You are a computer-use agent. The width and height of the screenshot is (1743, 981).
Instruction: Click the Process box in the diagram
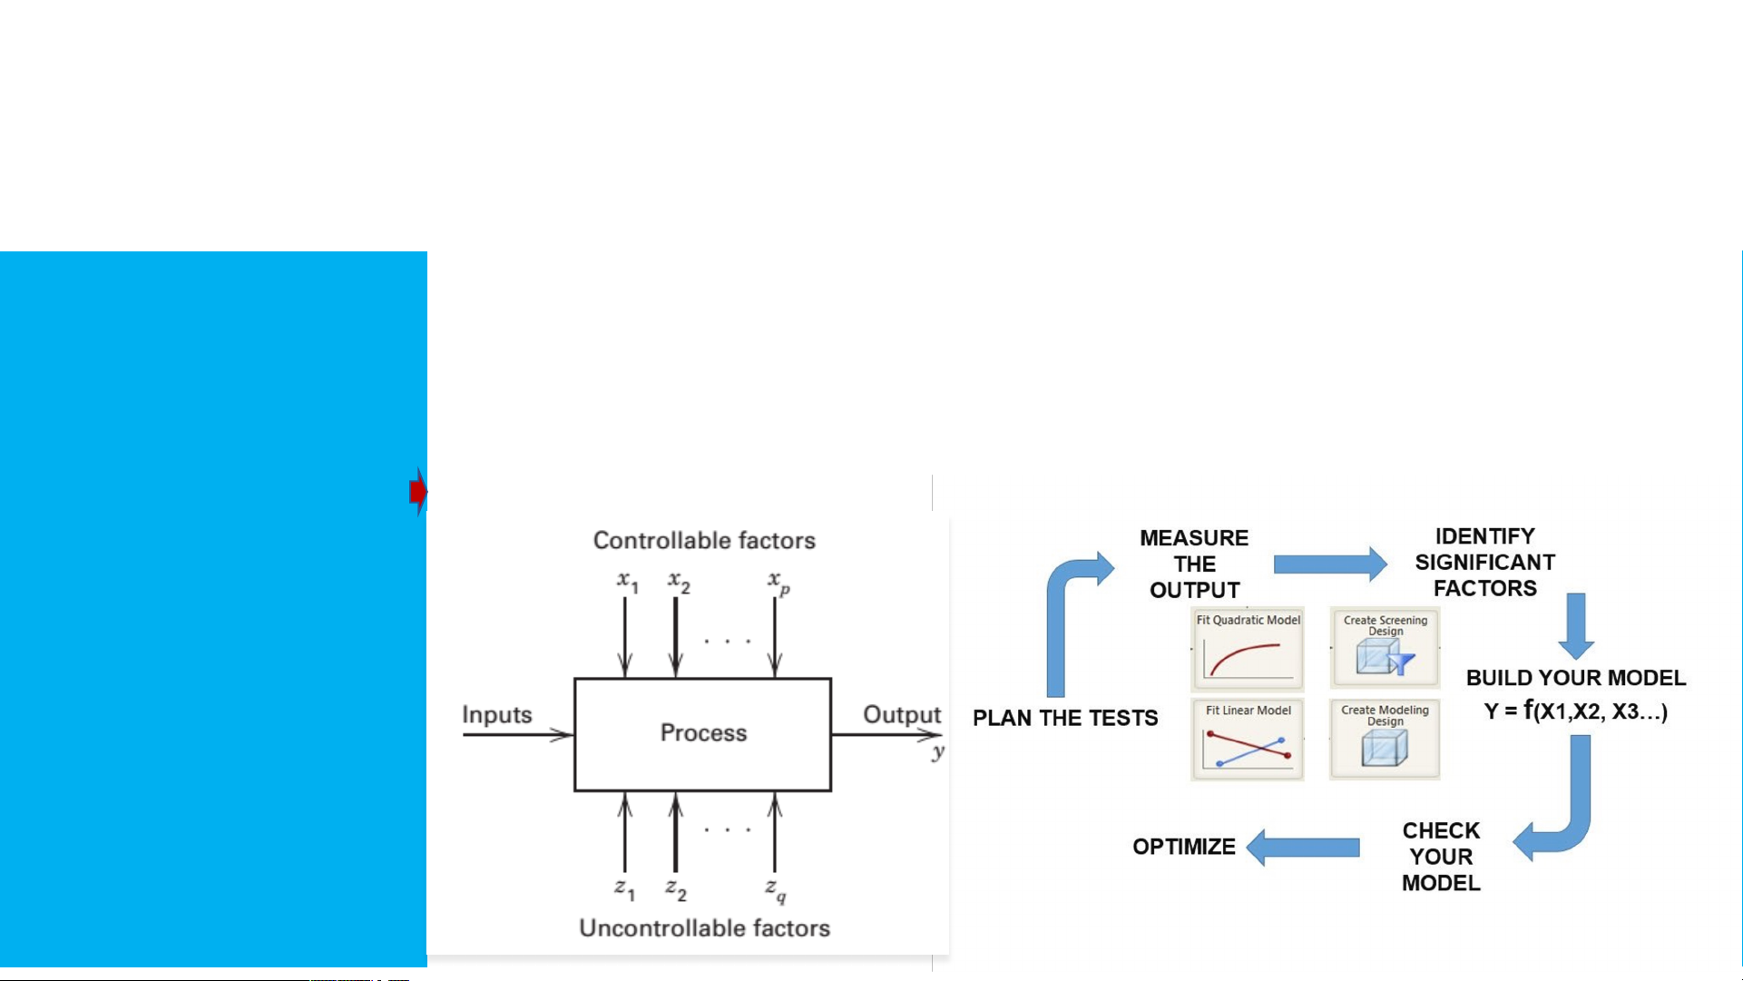703,733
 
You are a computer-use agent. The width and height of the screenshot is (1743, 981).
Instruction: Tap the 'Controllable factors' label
704,540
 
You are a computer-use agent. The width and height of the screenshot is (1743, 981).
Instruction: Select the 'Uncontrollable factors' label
704,927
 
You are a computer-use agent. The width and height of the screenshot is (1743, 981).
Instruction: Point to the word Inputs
496,714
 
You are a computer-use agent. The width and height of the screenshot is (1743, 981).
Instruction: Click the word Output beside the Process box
901,714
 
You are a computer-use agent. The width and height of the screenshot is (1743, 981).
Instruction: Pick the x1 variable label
627,581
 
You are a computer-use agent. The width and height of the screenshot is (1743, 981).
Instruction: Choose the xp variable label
778,581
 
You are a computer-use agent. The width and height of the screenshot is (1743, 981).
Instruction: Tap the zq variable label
775,888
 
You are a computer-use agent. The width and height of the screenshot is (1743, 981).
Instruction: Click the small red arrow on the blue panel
417,491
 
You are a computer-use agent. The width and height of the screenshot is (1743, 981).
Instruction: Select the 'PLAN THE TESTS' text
1065,718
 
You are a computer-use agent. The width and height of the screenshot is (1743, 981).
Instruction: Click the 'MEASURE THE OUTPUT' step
1194,564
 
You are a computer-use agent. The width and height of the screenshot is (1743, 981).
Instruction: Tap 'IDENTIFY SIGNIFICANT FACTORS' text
1484,562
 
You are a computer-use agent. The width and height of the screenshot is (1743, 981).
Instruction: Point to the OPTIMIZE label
1183,847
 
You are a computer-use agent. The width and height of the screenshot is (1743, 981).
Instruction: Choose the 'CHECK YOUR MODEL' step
1441,856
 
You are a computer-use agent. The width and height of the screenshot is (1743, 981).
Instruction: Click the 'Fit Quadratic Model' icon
1248,649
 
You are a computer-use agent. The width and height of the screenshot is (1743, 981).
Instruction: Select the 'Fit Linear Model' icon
1248,740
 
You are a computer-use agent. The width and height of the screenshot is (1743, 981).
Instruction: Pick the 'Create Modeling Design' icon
1385,740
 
